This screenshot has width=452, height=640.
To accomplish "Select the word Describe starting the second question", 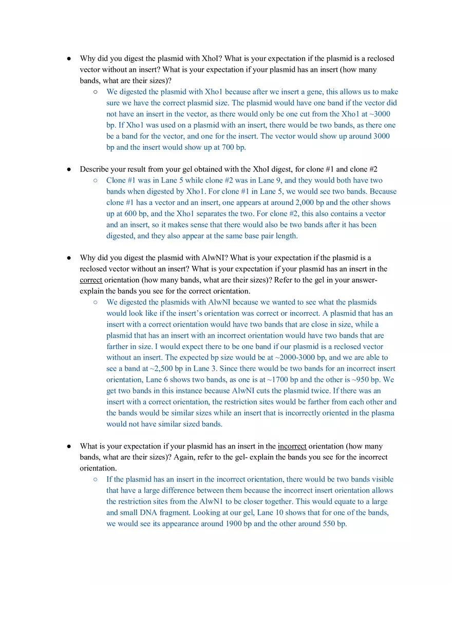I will tap(93, 169).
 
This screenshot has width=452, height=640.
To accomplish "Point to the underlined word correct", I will tap(91, 280).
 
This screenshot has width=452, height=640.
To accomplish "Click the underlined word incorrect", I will tap(292, 446).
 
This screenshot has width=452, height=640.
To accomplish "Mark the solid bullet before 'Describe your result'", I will tap(69, 169).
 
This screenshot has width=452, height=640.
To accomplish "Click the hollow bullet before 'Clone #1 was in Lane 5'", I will tap(96, 180).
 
